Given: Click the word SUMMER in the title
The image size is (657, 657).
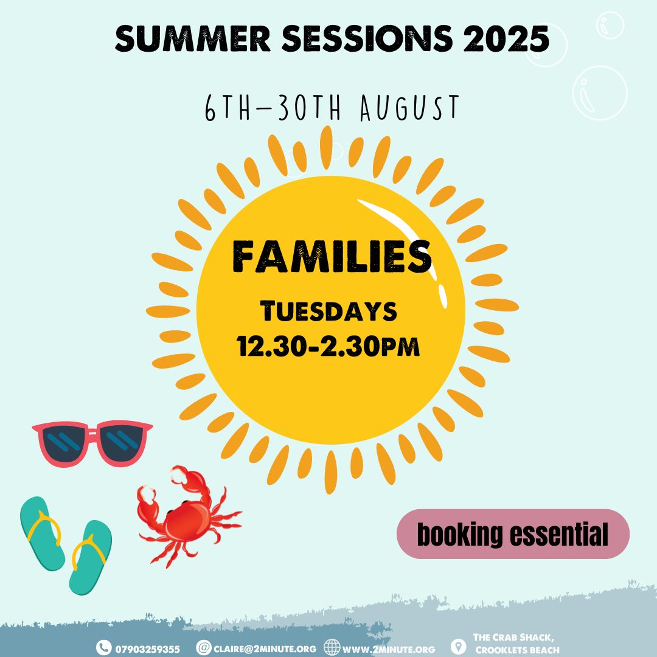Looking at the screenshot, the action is pos(193,38).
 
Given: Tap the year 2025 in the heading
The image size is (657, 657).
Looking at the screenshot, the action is pos(506,38).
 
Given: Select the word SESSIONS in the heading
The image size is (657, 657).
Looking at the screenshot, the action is pos(367,38).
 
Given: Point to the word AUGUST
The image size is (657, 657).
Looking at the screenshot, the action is pos(410,108).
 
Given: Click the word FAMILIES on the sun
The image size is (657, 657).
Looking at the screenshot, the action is pos(332,256).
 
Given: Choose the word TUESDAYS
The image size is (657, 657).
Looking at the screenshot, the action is pos(328,311).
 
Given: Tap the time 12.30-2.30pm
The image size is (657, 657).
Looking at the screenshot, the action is pos(328,346).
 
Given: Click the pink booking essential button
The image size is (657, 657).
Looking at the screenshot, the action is pos(513,534).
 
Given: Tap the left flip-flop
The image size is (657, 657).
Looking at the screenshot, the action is pos(42,534).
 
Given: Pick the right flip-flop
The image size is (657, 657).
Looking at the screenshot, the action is pos(91,557).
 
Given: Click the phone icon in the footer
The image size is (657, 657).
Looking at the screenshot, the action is pos(103,648).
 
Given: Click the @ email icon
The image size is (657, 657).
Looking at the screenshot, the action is pos(204,648).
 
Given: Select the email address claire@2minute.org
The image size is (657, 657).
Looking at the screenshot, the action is pos(265,649).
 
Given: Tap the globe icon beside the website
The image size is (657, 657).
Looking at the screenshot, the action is pos(332,648).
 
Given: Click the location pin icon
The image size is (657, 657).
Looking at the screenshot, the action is pos(459,647).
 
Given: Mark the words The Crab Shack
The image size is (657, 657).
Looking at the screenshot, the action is pos(513,638).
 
